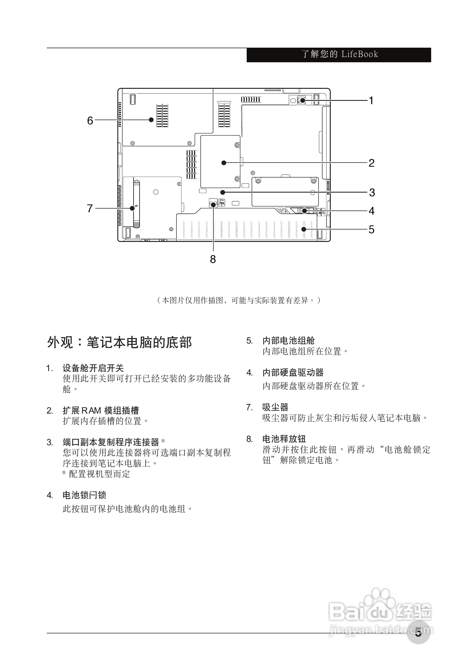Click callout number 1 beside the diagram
pyautogui.click(x=371, y=101)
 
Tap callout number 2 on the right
pyautogui.click(x=371, y=163)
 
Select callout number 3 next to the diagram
pyautogui.click(x=372, y=193)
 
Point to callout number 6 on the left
pyautogui.click(x=90, y=121)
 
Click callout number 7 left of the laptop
pyautogui.click(x=90, y=208)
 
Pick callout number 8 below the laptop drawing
pyautogui.click(x=213, y=259)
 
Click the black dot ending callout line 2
pyautogui.click(x=224, y=163)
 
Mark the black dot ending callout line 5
pyautogui.click(x=303, y=229)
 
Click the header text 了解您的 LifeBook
pyautogui.click(x=340, y=54)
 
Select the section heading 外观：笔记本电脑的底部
pyautogui.click(x=119, y=342)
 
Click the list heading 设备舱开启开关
pyautogui.click(x=93, y=368)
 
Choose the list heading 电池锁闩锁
pyautogui.click(x=84, y=495)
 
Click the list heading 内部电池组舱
pyautogui.click(x=288, y=341)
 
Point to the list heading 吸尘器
pyautogui.click(x=275, y=407)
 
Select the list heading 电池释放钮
pyautogui.click(x=284, y=439)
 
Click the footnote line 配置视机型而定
pyautogui.click(x=96, y=474)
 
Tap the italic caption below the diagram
pyautogui.click(x=239, y=300)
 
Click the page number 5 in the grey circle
pyautogui.click(x=418, y=633)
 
